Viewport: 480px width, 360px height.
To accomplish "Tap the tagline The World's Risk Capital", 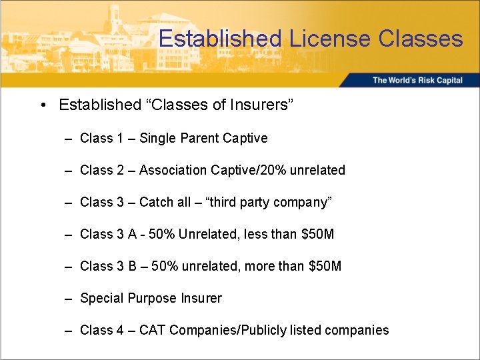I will tap(417, 81).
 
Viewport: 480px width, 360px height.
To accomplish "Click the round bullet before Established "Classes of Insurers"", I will tap(42, 105).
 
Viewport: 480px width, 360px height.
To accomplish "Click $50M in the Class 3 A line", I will tap(318, 235).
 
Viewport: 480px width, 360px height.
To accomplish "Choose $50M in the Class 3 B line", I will tap(325, 267).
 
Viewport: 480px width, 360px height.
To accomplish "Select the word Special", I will tap(99, 299).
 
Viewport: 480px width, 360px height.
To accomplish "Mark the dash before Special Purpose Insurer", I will tap(69, 299).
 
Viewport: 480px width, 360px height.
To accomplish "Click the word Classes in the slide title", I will tap(420, 38).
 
